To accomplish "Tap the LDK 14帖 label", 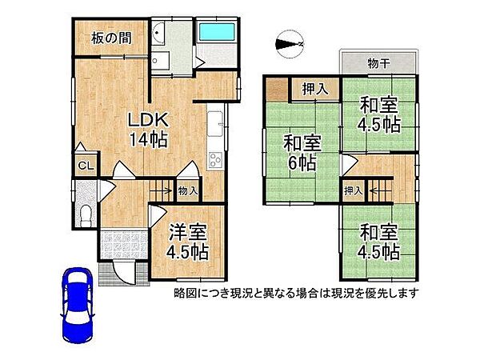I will [x=149, y=129].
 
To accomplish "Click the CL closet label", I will [x=83, y=166].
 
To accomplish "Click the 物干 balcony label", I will [x=379, y=63].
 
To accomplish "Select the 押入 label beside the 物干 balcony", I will [x=314, y=89].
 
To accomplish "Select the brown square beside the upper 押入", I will [x=277, y=89].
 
